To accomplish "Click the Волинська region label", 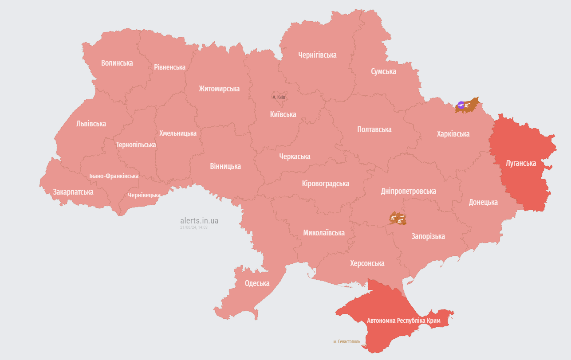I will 117,63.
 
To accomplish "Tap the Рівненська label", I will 169,67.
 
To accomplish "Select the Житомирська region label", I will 219,89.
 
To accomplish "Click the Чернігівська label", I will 317,55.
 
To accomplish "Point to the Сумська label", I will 383,71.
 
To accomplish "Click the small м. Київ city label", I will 279,97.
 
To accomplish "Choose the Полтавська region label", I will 374,129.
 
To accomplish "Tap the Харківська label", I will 453,134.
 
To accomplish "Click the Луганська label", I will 521,163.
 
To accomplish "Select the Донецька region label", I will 483,202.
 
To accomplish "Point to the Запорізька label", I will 428,236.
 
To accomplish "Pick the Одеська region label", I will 257,284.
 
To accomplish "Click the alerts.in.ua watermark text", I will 199,220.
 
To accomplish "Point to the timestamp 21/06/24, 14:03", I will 193,227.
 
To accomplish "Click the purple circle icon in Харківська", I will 461,105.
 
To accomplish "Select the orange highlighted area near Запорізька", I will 398,218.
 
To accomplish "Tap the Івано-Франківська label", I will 114,176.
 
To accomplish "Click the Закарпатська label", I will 73,192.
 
